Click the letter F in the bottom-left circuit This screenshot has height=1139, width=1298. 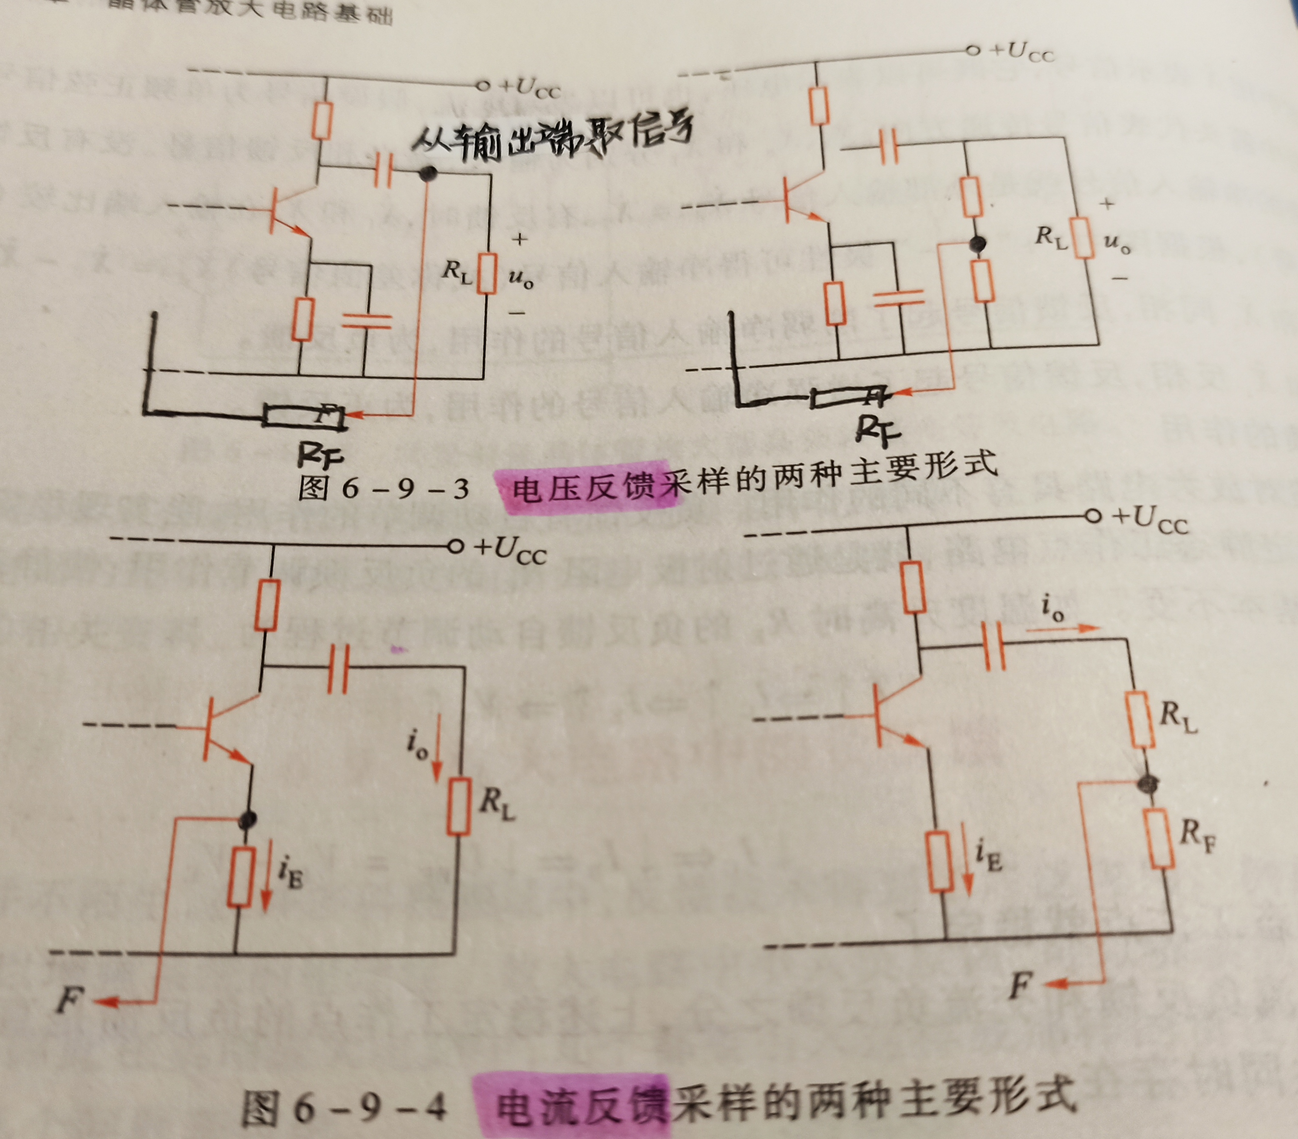(69, 1001)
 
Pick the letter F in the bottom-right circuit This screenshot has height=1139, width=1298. (1020, 985)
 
